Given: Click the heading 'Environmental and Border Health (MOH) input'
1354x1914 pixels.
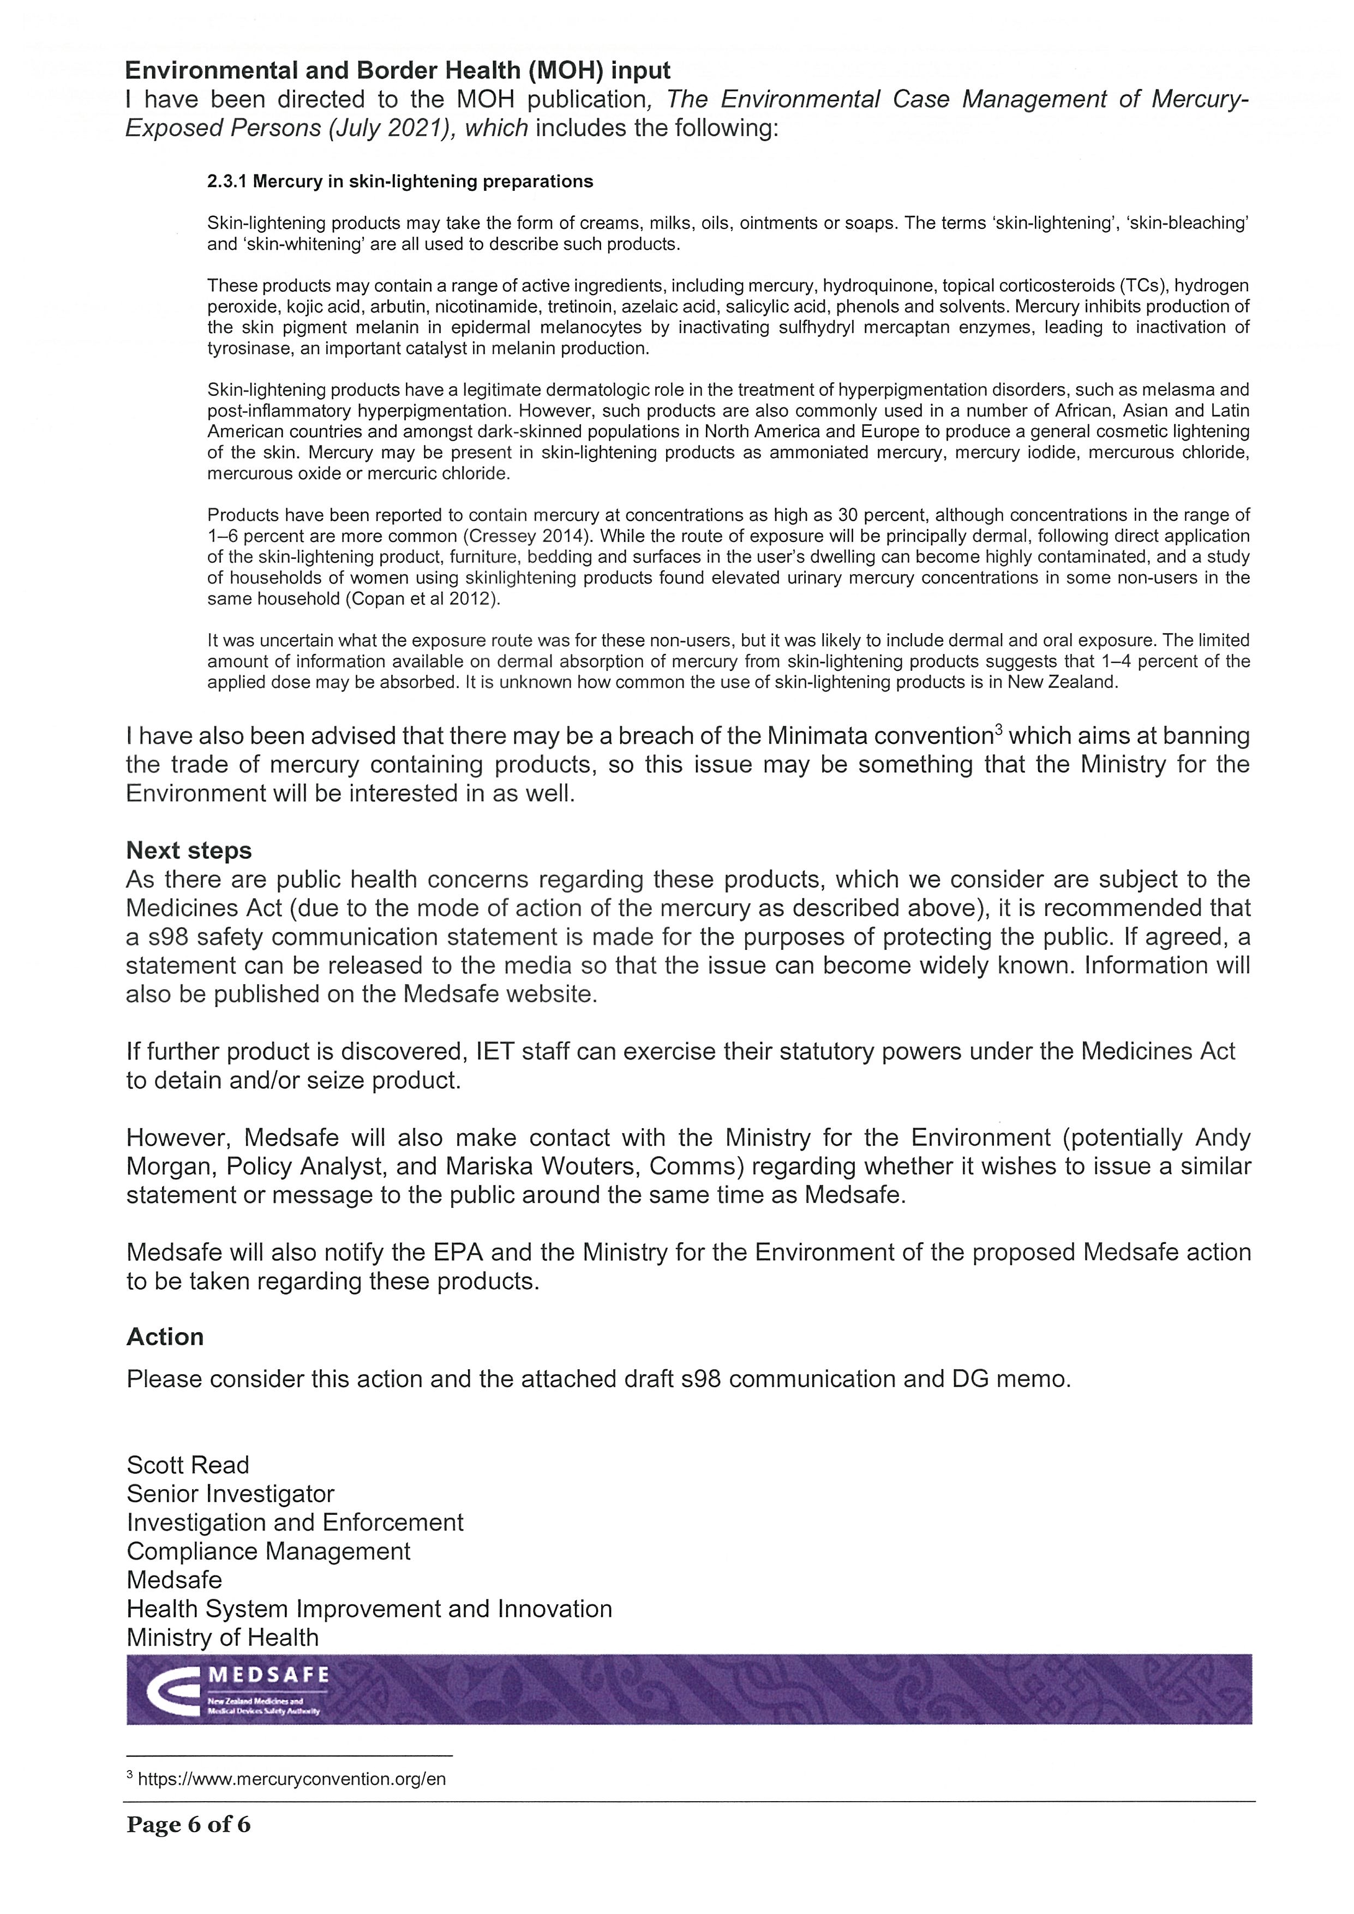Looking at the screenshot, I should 398,71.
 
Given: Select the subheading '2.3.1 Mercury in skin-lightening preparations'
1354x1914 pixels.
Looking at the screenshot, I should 400,182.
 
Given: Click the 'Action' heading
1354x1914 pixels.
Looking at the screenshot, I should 165,1337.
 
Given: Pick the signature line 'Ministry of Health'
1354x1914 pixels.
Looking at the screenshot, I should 223,1637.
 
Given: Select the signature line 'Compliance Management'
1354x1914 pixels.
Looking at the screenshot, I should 268,1551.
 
